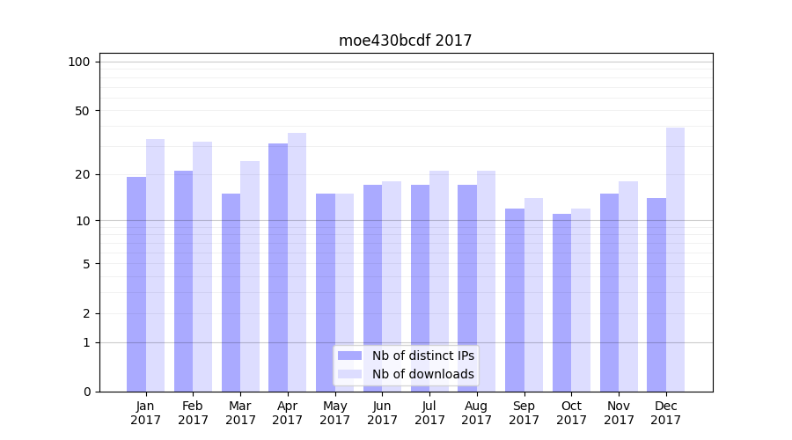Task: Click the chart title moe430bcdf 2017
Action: pyautogui.click(x=405, y=40)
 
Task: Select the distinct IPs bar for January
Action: pyautogui.click(x=136, y=283)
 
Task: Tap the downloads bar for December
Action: pyautogui.click(x=675, y=260)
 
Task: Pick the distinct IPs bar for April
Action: pyautogui.click(x=278, y=267)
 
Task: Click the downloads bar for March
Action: pyautogui.click(x=250, y=275)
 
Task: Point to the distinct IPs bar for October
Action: pyautogui.click(x=562, y=302)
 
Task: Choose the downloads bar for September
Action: pyautogui.click(x=533, y=294)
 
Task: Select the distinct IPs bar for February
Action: pyautogui.click(x=183, y=281)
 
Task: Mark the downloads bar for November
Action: pyautogui.click(x=627, y=286)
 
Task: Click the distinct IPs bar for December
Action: pyautogui.click(x=656, y=294)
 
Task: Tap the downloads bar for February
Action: pyautogui.click(x=202, y=266)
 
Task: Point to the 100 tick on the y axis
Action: pyautogui.click(x=79, y=62)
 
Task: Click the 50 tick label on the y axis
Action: pyautogui.click(x=83, y=111)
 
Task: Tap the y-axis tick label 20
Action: pyautogui.click(x=83, y=174)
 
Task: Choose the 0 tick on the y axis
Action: pyautogui.click(x=86, y=392)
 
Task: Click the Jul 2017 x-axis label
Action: pyautogui.click(x=429, y=413)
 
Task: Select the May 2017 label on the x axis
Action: pyautogui.click(x=335, y=413)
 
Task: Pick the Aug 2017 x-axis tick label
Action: pyautogui.click(x=477, y=413)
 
